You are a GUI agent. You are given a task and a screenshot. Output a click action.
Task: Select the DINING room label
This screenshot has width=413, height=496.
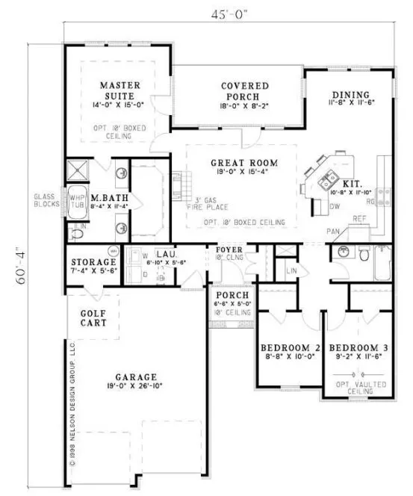(351, 95)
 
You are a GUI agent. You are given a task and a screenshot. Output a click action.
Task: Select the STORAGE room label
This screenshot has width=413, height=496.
(93, 263)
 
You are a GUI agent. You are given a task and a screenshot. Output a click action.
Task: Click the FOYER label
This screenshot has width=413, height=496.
(228, 249)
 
